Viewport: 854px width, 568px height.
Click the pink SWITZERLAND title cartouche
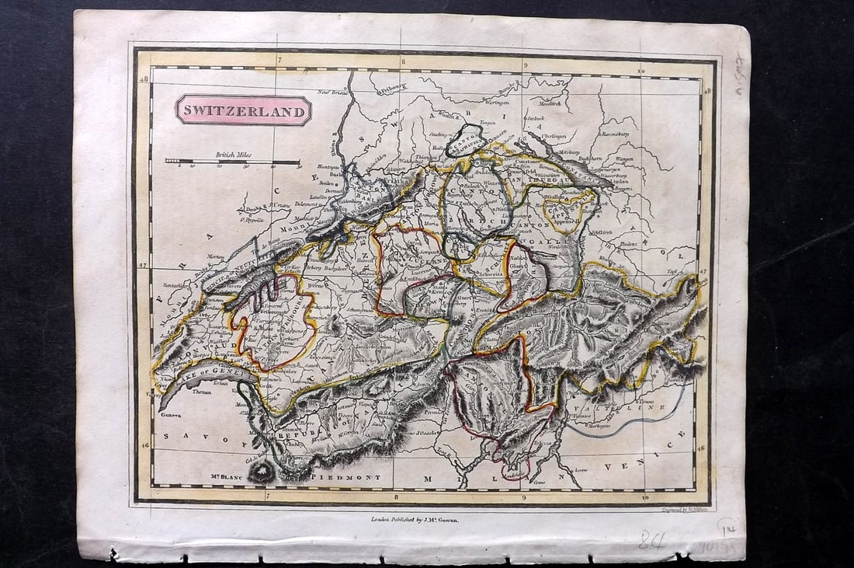243,111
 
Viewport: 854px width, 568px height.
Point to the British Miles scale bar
232,162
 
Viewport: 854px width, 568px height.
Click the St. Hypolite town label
252,220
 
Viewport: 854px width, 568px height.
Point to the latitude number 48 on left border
143,79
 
